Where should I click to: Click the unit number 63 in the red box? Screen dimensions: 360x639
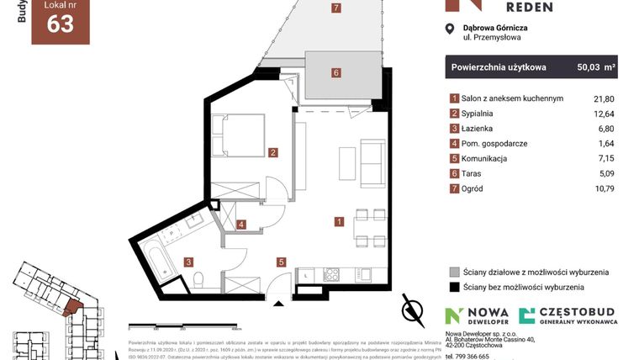pyautogui.click(x=61, y=24)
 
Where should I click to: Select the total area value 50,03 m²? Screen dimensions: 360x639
pyautogui.click(x=597, y=66)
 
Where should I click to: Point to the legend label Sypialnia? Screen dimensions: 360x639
pyautogui.click(x=483, y=114)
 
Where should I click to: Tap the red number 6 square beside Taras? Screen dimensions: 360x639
pyautogui.click(x=454, y=173)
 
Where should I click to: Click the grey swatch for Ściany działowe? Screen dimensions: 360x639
pyautogui.click(x=454, y=273)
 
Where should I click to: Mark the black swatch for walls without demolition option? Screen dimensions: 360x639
pyautogui.click(x=454, y=288)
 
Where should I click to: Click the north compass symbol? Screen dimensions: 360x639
pyautogui.click(x=412, y=310)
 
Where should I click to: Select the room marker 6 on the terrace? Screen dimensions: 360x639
pyautogui.click(x=336, y=73)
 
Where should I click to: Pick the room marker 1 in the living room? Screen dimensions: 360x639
pyautogui.click(x=338, y=222)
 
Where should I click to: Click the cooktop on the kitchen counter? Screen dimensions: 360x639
pyautogui.click(x=331, y=274)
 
